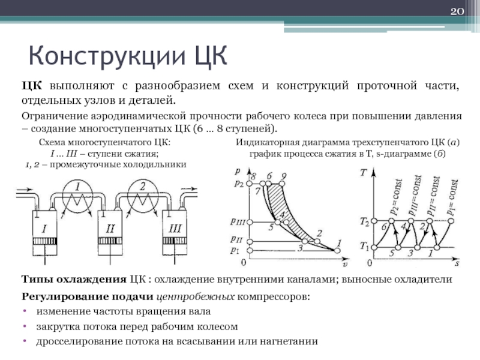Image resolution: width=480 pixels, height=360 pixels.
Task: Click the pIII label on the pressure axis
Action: click(238, 221)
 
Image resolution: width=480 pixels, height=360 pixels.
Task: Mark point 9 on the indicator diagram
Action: click(283, 176)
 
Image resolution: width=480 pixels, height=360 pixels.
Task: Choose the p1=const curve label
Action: click(454, 199)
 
